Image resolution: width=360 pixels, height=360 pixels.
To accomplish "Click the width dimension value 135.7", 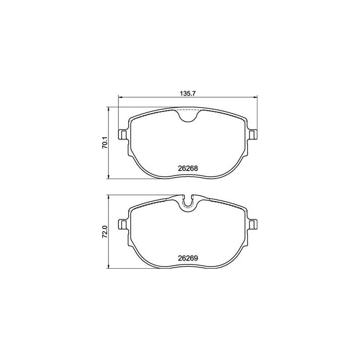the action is point(187,94).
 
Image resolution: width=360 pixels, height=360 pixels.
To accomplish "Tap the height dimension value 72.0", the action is point(105,232).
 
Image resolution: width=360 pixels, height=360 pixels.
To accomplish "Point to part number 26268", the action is point(188,168).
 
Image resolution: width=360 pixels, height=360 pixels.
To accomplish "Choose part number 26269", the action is point(188,258).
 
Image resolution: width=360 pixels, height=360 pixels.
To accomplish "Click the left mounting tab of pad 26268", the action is point(123,135).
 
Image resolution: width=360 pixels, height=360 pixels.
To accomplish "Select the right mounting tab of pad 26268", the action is point(252,135).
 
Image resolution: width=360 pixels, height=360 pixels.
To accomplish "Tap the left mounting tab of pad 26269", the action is point(123,224).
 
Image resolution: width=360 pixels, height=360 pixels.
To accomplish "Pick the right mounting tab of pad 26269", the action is point(252,224).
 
